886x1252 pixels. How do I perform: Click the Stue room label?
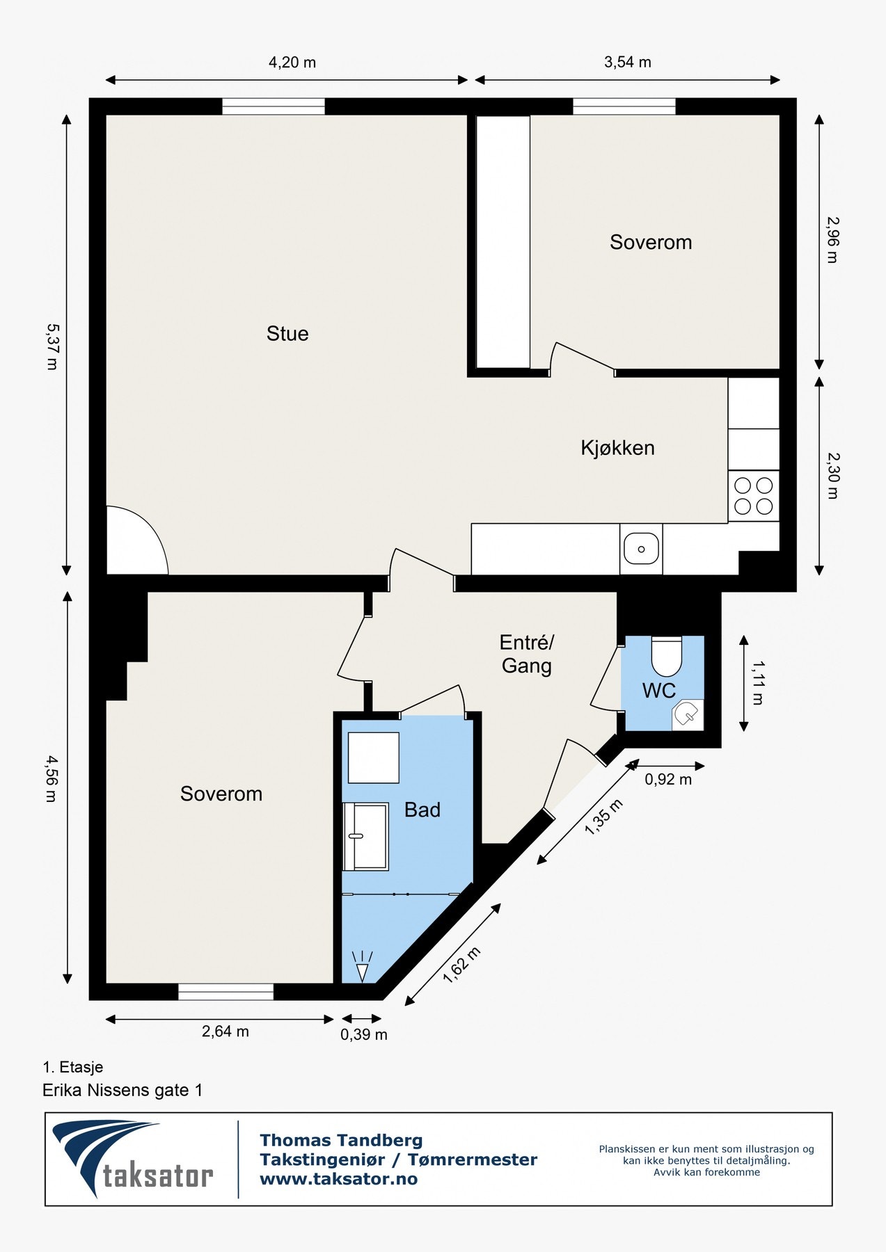coord(287,334)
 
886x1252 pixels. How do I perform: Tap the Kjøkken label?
coord(617,448)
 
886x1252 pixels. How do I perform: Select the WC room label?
coord(658,691)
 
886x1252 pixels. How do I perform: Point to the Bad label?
coord(422,810)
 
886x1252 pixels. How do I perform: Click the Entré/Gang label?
coord(527,654)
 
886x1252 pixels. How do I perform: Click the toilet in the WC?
coord(666,656)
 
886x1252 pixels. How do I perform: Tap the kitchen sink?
coord(641,549)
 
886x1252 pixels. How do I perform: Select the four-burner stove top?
coord(754,496)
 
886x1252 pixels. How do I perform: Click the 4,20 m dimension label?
coord(292,63)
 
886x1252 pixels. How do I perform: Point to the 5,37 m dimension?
coord(52,346)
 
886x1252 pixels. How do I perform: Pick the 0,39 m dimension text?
coord(364,1035)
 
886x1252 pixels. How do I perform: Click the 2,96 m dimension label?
coord(832,240)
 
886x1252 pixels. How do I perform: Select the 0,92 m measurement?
coord(668,780)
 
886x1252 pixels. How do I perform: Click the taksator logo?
coord(132,1159)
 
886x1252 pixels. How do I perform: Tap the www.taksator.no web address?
coord(338,1179)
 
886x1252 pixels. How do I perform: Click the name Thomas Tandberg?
coord(341,1141)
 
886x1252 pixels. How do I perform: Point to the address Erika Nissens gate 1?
coord(122,1090)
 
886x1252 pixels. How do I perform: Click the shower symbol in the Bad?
coord(362,967)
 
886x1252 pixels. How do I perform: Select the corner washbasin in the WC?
coord(688,714)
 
